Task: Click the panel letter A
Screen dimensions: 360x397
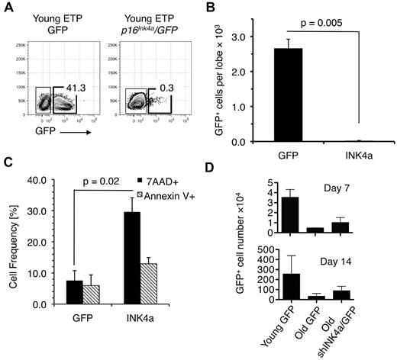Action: [8, 9]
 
